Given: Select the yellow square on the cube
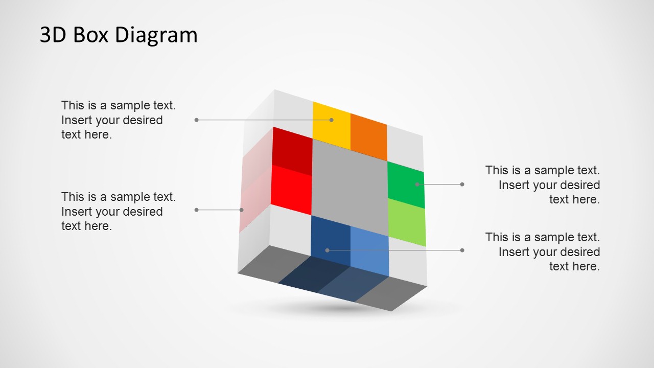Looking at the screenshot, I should pyautogui.click(x=331, y=123).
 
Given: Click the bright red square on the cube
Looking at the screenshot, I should pyautogui.click(x=291, y=188).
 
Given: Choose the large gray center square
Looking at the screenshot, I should pyautogui.click(x=349, y=187).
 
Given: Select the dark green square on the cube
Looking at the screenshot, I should pyautogui.click(x=406, y=183).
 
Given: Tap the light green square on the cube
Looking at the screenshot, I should pyautogui.click(x=407, y=222).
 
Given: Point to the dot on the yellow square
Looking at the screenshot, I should pyautogui.click(x=331, y=120).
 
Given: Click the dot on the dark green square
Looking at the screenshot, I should pyautogui.click(x=417, y=184).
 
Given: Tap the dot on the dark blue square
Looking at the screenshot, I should pyautogui.click(x=328, y=250).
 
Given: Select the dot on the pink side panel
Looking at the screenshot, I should pyautogui.click(x=242, y=210).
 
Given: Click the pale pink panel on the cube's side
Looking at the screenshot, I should pyautogui.click(x=255, y=179).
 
